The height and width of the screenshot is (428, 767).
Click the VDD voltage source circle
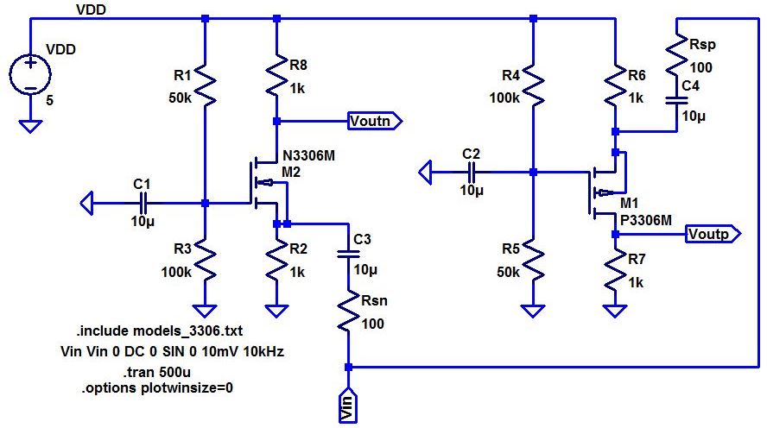point(30,74)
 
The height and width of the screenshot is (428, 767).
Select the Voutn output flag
point(375,121)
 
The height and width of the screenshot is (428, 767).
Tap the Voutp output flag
point(713,234)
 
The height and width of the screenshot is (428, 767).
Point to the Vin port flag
point(348,405)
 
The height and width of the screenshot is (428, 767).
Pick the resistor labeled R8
point(277,75)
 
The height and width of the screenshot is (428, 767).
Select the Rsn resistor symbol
point(348,312)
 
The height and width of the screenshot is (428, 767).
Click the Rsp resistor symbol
point(677,55)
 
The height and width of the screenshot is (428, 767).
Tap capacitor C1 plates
point(143,203)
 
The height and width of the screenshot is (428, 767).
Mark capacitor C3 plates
point(348,254)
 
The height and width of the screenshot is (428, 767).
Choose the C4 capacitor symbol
point(677,101)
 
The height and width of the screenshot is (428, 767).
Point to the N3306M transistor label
point(309,156)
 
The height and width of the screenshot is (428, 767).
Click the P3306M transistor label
point(646,220)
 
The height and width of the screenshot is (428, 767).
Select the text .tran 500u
point(157,372)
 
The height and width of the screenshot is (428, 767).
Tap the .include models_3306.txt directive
point(160,330)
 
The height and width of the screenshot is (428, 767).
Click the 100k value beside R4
point(504,98)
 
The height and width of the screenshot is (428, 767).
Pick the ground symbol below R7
point(615,312)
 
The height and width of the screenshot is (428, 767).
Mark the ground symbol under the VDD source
point(30,127)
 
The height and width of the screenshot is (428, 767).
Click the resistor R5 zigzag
point(533,259)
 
